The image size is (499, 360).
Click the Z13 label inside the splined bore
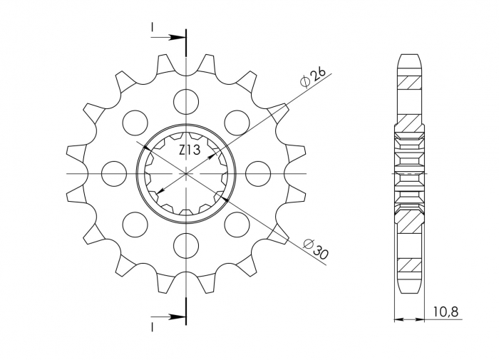tap(189, 150)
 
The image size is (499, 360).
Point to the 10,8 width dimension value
tap(446, 311)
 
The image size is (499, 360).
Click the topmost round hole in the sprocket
tap(186, 101)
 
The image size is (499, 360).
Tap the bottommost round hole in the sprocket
tap(186, 245)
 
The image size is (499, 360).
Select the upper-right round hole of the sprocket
tap(237, 122)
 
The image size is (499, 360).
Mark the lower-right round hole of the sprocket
tap(237, 224)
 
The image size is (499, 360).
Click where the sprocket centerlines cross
tap(186, 173)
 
